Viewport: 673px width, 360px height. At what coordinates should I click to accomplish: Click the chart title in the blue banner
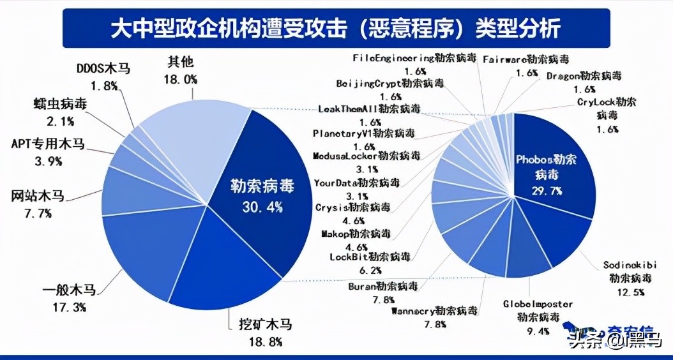pyautogui.click(x=336, y=28)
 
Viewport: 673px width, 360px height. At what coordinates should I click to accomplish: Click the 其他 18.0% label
pyautogui.click(x=181, y=70)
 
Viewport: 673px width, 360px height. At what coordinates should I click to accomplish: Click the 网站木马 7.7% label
pyautogui.click(x=40, y=204)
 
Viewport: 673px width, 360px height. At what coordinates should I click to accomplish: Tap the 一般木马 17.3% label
pyautogui.click(x=69, y=298)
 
